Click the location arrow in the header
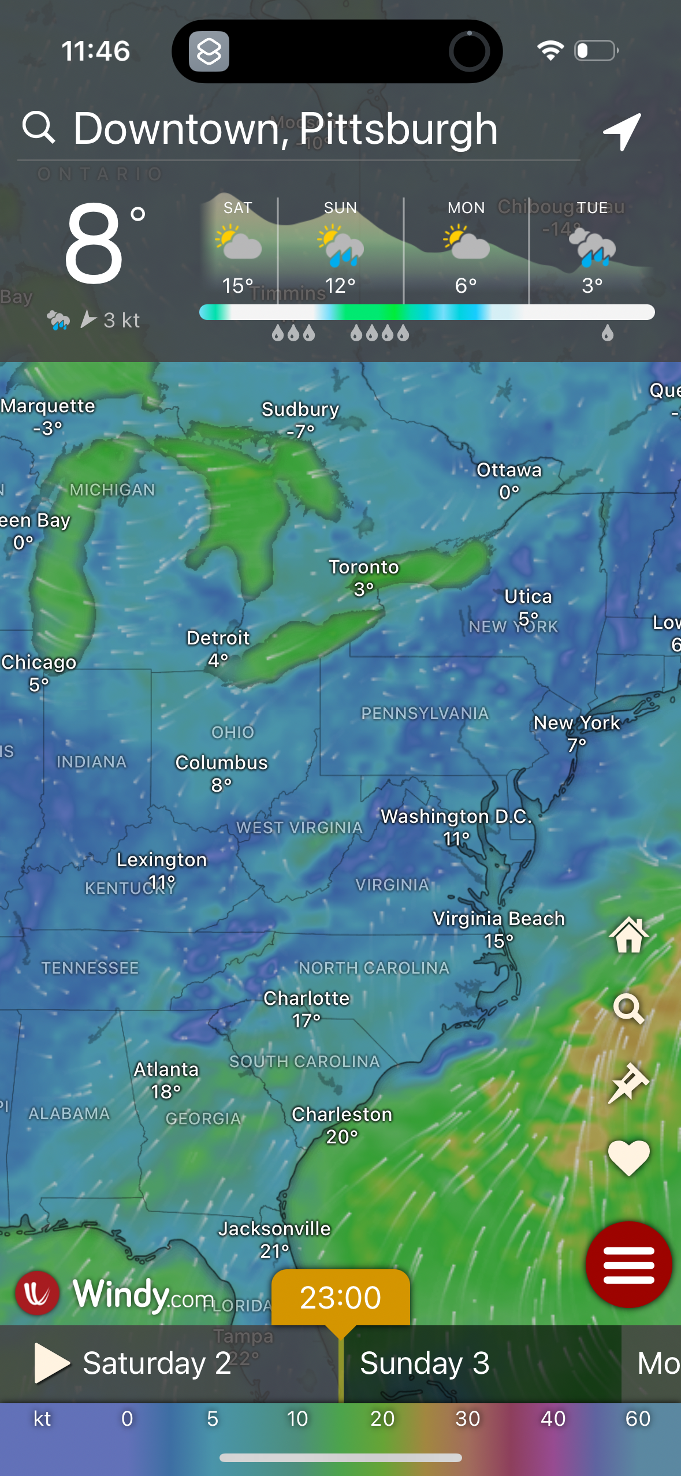tap(622, 132)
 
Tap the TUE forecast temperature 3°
tap(592, 285)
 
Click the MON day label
tap(466, 208)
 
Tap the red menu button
tap(628, 1264)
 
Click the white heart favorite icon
tap(628, 1157)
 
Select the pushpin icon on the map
tap(628, 1083)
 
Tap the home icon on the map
tap(628, 935)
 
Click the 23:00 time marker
tap(340, 1297)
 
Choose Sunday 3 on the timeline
tap(425, 1363)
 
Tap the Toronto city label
tap(364, 568)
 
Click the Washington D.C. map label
tap(456, 817)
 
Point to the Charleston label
tap(342, 1115)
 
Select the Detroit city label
tap(218, 638)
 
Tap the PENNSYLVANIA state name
tap(425, 714)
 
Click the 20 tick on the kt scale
tap(382, 1419)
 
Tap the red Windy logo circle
tap(38, 1294)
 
